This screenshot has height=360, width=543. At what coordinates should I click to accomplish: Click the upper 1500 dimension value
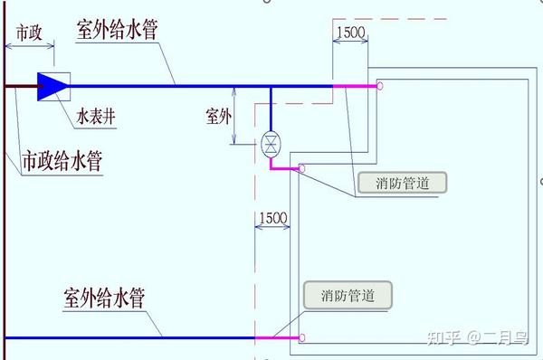[x=349, y=33]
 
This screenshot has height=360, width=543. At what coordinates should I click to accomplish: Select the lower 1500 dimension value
[x=272, y=218]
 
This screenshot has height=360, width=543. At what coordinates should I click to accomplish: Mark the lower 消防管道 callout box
[x=348, y=295]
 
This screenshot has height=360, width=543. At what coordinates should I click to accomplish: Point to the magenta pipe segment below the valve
[x=284, y=167]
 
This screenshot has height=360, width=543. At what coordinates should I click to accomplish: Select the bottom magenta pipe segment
[x=275, y=338]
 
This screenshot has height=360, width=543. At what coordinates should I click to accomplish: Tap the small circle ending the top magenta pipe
[x=381, y=86]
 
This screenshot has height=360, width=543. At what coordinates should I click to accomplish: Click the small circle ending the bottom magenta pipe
[x=302, y=338]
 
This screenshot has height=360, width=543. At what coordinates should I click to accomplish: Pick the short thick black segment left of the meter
[x=20, y=86]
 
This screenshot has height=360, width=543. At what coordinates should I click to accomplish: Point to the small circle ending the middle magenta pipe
[x=302, y=169]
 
